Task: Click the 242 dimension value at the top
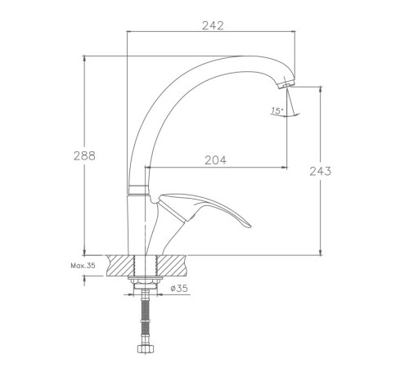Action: click(x=213, y=25)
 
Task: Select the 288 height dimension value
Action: click(x=84, y=155)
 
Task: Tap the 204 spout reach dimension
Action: click(x=215, y=160)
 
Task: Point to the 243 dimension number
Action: click(x=321, y=171)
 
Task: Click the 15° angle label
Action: click(x=277, y=110)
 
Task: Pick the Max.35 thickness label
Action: click(x=83, y=266)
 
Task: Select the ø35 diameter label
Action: click(x=179, y=288)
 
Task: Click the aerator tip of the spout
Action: click(x=286, y=83)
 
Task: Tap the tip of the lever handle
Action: click(x=249, y=226)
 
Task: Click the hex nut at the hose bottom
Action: click(x=146, y=348)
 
